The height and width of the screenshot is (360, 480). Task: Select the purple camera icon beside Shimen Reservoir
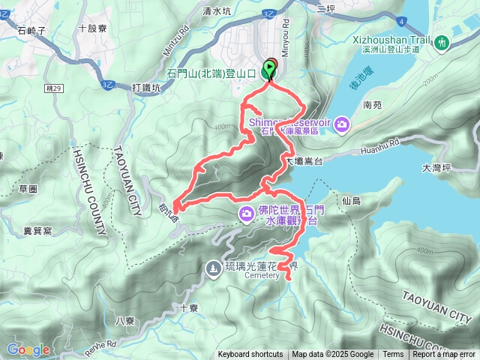342,123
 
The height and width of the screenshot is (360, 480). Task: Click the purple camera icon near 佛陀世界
246,215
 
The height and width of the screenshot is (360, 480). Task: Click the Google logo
28,349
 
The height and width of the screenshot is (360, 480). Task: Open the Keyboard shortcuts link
250,355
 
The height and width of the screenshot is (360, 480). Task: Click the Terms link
393,355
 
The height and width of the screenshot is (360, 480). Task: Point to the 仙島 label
350,201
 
